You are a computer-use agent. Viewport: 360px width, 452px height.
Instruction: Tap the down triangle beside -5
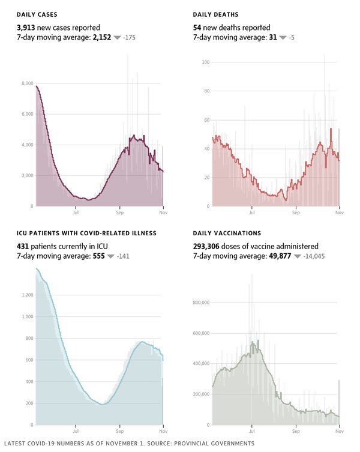pyautogui.click(x=283, y=38)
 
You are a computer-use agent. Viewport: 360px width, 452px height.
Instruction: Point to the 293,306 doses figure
pyautogui.click(x=207, y=246)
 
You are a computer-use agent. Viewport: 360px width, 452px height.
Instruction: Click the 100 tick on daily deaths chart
pyautogui.click(x=206, y=62)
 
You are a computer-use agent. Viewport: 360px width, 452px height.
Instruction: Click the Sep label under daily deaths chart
pyautogui.click(x=296, y=212)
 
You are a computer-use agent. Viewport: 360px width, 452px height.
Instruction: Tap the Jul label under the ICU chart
pyautogui.click(x=76, y=431)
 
